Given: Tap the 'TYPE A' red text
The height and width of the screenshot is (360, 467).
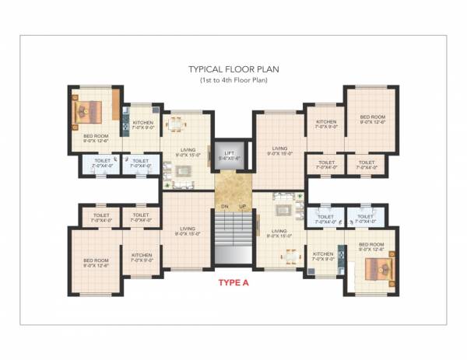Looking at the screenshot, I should click(233, 283).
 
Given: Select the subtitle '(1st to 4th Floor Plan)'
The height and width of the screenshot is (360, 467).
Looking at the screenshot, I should click(233, 80).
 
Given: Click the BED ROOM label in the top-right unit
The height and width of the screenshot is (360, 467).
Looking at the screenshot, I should click(372, 119).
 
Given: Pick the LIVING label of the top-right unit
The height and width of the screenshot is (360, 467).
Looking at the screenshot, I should click(279, 151).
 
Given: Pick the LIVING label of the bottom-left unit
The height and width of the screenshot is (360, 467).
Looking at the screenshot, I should click(186, 231).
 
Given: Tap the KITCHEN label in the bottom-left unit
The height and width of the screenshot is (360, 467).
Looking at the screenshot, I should click(142, 257).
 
